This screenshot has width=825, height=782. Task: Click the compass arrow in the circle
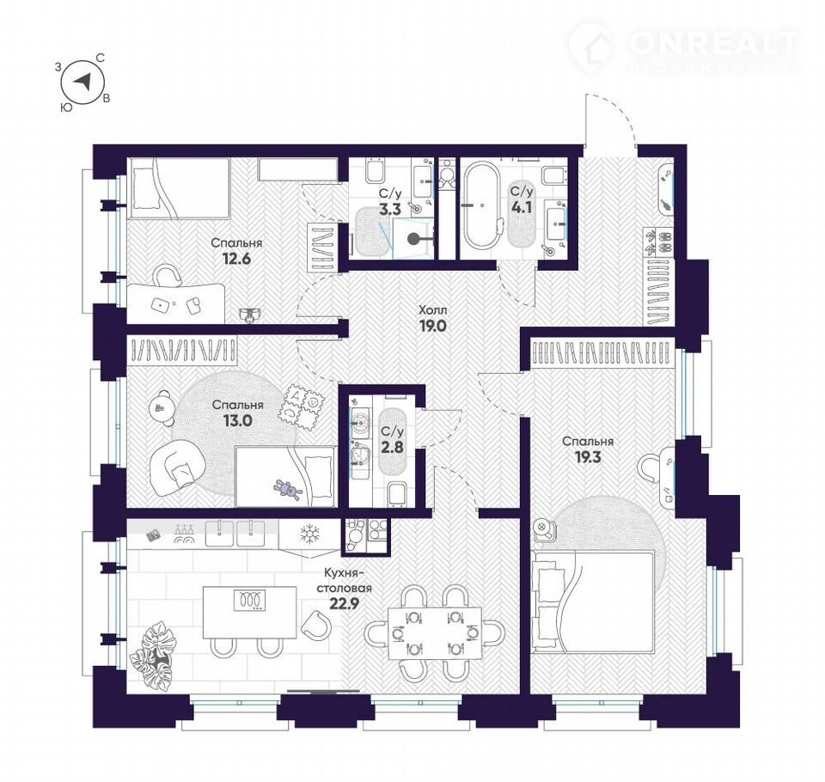[x=82, y=82]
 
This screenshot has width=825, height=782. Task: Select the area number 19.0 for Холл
[x=432, y=326]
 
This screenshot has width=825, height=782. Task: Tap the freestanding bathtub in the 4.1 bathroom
[x=482, y=205]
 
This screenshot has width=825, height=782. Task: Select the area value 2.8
[x=392, y=448]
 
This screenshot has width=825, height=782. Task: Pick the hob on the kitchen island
[x=248, y=600]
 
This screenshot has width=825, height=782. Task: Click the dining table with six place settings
[x=435, y=633]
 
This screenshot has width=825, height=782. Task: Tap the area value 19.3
[x=587, y=456]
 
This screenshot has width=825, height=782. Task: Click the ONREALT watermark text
[x=713, y=42]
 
